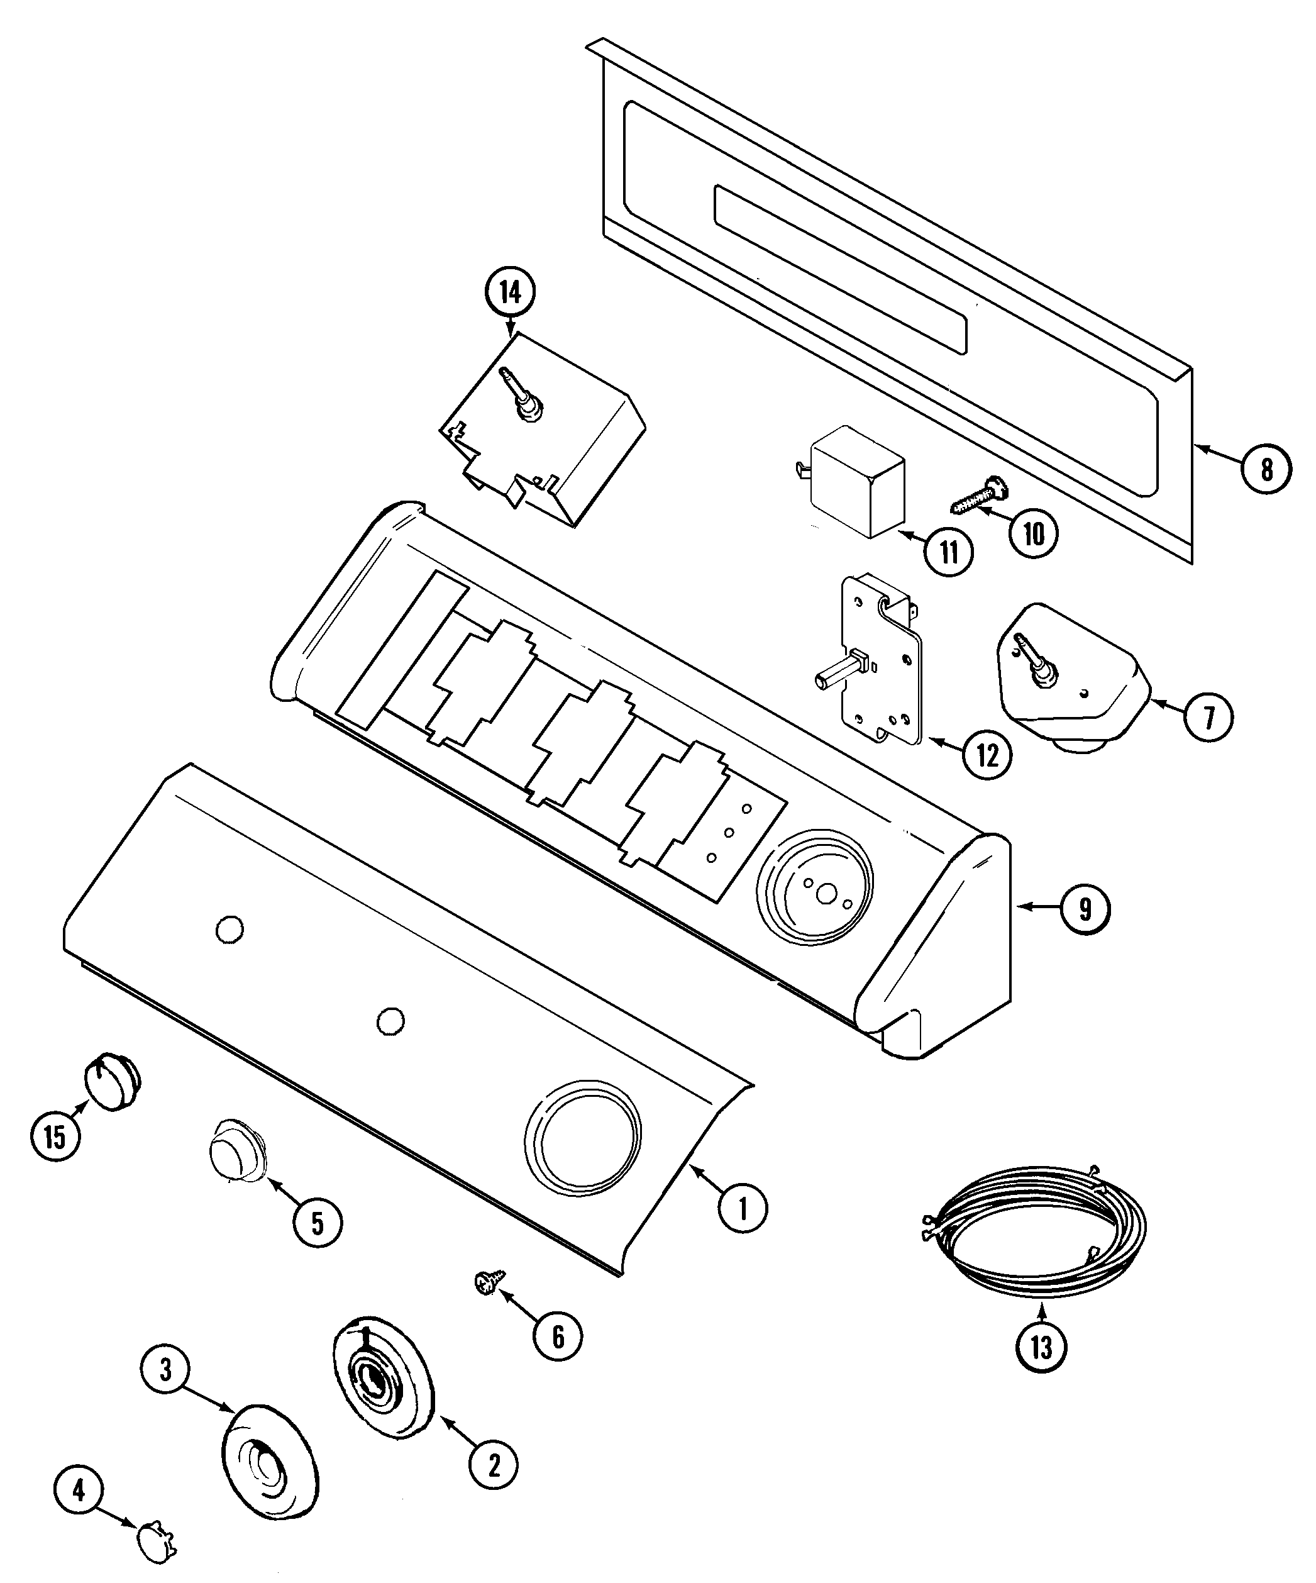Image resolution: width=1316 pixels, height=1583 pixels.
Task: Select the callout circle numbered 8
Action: coord(1266,469)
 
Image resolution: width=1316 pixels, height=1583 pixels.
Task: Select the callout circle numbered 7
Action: coord(1208,717)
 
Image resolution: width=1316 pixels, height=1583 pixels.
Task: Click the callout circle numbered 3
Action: coord(165,1369)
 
